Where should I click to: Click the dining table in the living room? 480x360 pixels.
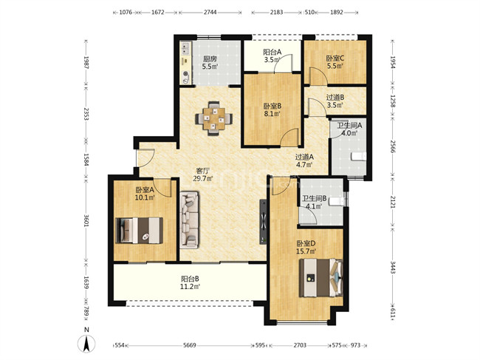tap(214, 118)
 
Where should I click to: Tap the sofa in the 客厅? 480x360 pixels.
tap(189, 220)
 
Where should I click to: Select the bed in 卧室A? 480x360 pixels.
tap(140, 231)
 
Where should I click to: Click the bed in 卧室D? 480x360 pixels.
tap(320, 278)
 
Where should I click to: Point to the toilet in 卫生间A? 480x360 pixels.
tap(358, 156)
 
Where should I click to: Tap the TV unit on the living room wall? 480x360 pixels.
tap(263, 222)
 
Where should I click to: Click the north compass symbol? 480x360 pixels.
tap(86, 342)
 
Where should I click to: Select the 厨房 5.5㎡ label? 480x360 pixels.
tap(210, 62)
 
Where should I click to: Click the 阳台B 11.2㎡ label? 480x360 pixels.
tap(190, 282)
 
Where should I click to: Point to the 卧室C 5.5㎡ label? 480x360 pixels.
tap(335, 62)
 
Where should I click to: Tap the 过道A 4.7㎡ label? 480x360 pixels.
tap(304, 160)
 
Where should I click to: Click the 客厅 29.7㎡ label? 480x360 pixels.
tap(203, 174)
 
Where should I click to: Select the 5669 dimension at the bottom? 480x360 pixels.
tap(190, 345)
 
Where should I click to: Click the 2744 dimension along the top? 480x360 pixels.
tap(210, 13)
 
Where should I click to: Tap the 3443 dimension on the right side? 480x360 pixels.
tap(393, 268)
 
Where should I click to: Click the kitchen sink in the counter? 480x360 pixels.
tap(185, 48)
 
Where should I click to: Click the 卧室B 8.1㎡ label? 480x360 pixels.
tap(272, 110)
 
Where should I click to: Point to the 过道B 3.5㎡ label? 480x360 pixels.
tap(335, 101)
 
